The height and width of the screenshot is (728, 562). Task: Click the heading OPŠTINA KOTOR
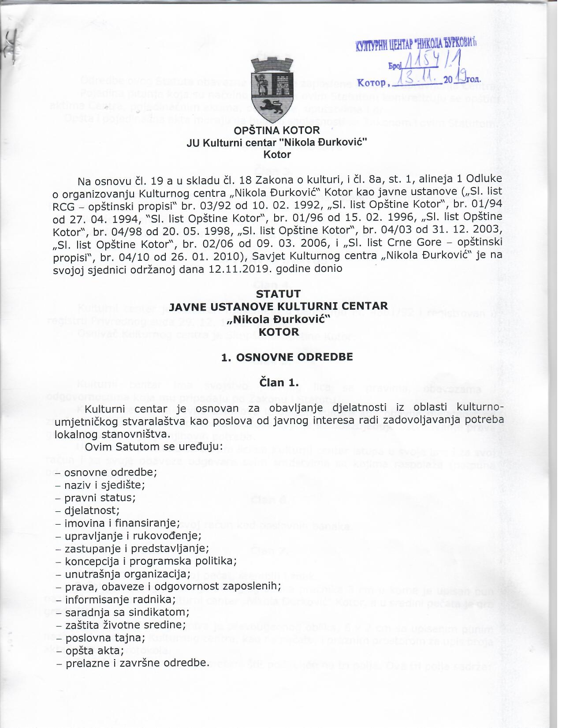[277, 131]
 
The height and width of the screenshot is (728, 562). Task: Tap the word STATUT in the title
[278, 294]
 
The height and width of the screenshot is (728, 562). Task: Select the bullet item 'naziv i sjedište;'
[104, 485]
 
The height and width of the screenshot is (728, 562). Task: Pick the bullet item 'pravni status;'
[100, 498]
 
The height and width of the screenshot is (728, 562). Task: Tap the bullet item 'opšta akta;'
[94, 651]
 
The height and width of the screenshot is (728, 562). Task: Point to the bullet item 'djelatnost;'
[92, 510]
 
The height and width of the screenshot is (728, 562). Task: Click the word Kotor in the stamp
[372, 83]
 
